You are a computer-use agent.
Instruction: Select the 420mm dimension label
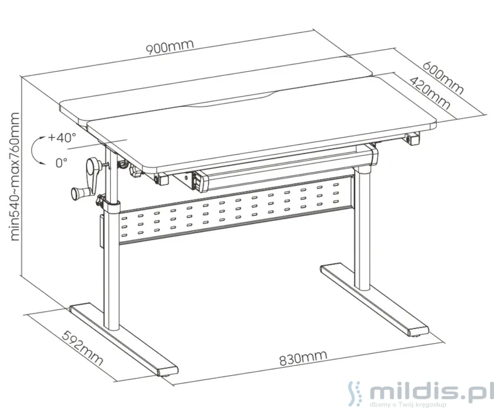tap(430, 93)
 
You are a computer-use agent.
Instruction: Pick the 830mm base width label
tap(303, 358)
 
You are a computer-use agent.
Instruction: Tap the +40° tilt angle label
tap(62, 137)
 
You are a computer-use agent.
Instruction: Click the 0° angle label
tap(61, 163)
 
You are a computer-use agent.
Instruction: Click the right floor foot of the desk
tap(374, 299)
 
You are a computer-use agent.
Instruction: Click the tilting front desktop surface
tap(261, 123)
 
